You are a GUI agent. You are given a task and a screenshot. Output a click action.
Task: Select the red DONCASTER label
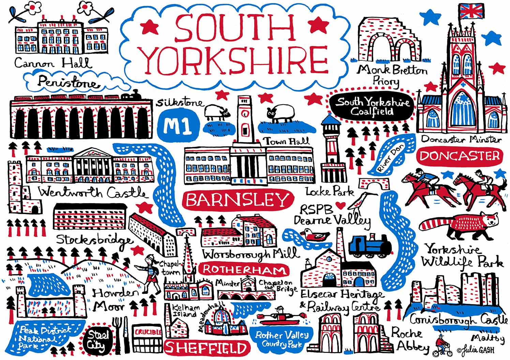tap(459, 156)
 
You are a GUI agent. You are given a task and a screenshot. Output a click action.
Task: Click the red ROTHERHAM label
tap(243, 270)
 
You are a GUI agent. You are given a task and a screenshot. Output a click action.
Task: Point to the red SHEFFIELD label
tap(205, 348)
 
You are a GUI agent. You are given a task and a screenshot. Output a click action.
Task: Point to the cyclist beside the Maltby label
tap(443, 346)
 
